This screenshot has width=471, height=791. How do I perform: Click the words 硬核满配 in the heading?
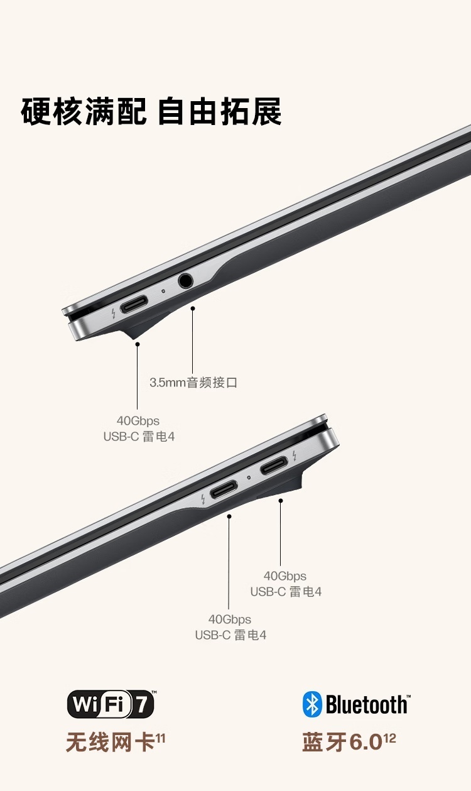pyautogui.click(x=84, y=111)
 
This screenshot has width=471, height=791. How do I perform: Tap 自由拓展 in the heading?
pyautogui.click(x=219, y=111)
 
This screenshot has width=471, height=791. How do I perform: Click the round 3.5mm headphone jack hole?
pyautogui.click(x=185, y=281)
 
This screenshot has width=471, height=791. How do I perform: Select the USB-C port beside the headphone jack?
pyautogui.click(x=134, y=304)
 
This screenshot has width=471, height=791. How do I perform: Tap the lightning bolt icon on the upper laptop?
pyautogui.click(x=113, y=314)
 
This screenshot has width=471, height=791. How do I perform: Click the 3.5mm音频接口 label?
pyautogui.click(x=193, y=382)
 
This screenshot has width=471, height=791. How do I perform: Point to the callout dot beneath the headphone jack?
pyautogui.click(x=192, y=308)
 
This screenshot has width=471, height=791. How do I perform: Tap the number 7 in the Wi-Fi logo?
pyautogui.click(x=143, y=704)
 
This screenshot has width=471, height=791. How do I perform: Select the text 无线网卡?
pyautogui.click(x=110, y=741)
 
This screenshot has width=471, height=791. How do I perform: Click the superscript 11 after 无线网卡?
pyautogui.click(x=160, y=738)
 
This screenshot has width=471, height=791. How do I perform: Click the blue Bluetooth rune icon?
pyautogui.click(x=312, y=704)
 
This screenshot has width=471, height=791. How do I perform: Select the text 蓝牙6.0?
pyautogui.click(x=342, y=742)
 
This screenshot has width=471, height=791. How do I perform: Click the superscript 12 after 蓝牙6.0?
pyautogui.click(x=390, y=738)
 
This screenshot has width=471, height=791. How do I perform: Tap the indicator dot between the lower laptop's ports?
pyautogui.click(x=249, y=477)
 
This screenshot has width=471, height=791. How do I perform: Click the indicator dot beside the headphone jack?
pyautogui.click(x=163, y=291)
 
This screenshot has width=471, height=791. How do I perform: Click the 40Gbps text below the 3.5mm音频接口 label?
pyautogui.click(x=138, y=421)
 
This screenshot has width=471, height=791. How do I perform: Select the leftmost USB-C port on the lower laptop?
pyautogui.click(x=224, y=489)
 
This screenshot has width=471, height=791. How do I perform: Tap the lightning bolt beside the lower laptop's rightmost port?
pyautogui.click(x=295, y=456)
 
